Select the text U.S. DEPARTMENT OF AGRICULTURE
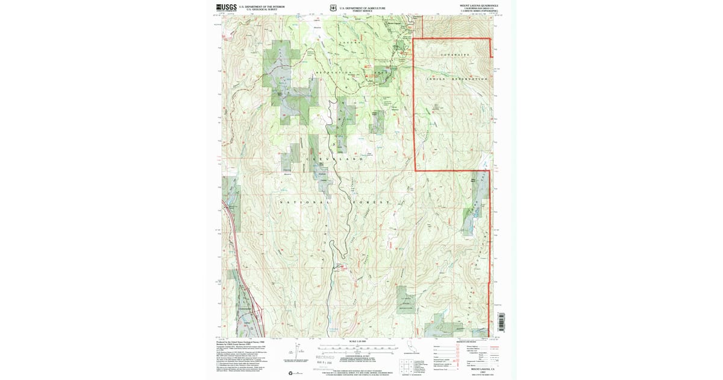pos(362,8)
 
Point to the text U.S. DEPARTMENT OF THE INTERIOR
pos(261,7)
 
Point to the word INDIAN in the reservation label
pos(436,79)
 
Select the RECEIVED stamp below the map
pos(325,357)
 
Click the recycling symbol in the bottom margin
pos(291,373)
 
